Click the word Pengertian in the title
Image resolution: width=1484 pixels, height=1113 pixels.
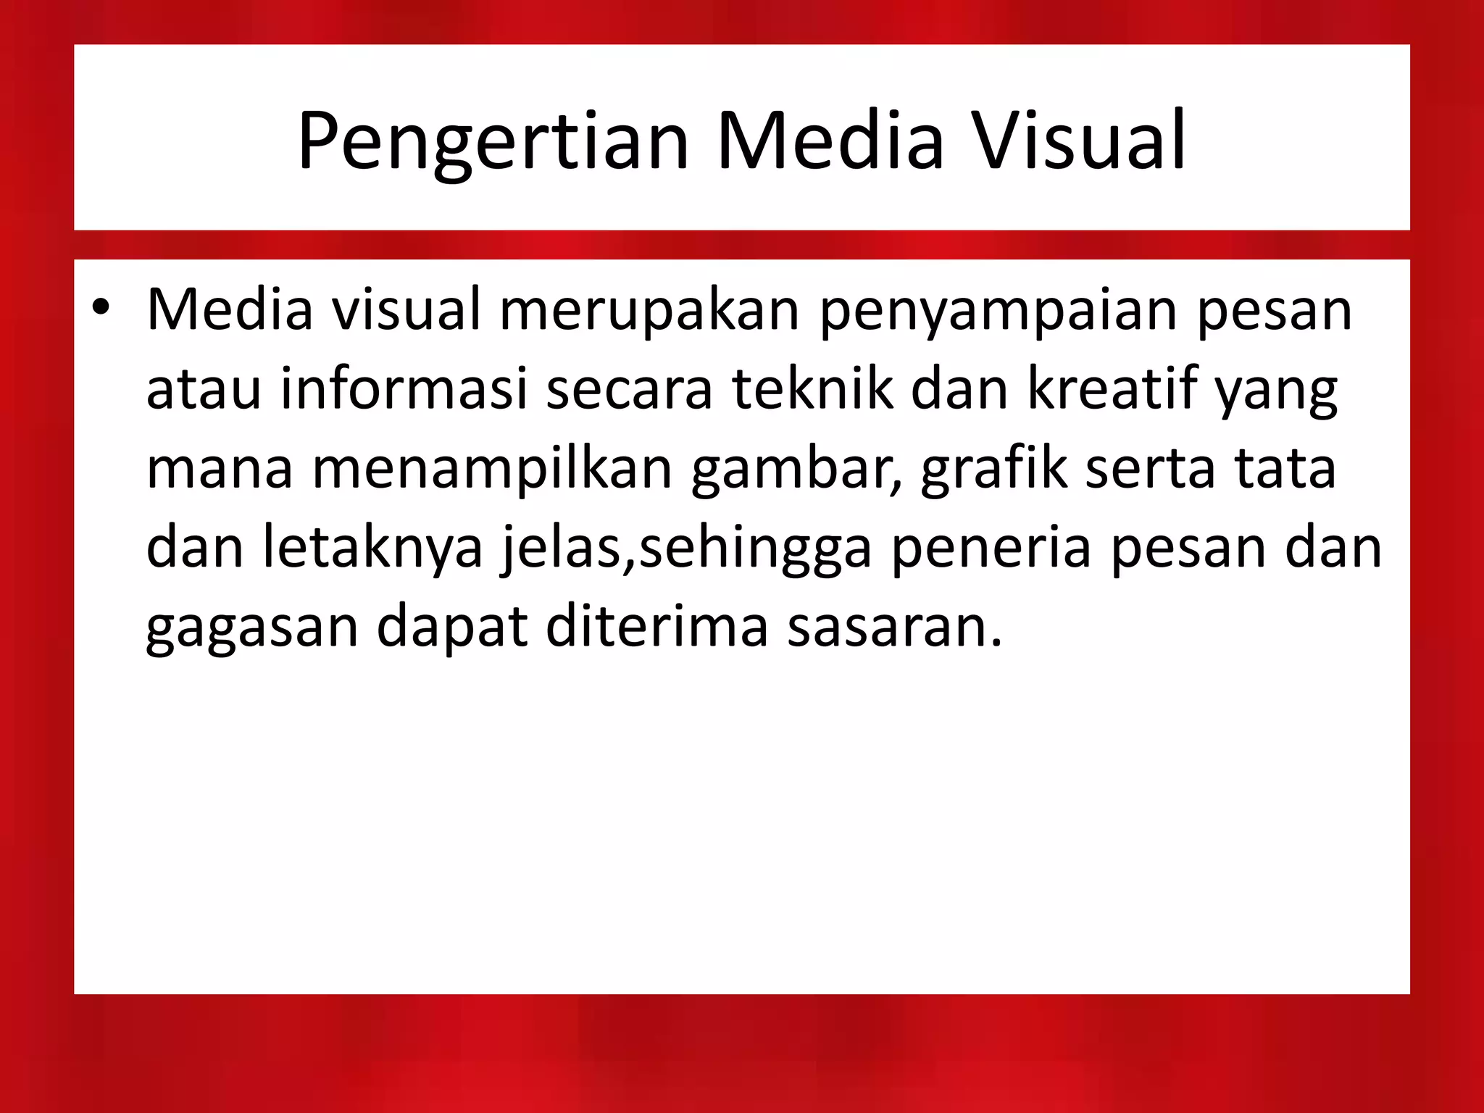coord(493,141)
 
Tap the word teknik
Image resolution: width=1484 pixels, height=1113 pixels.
coord(812,389)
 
